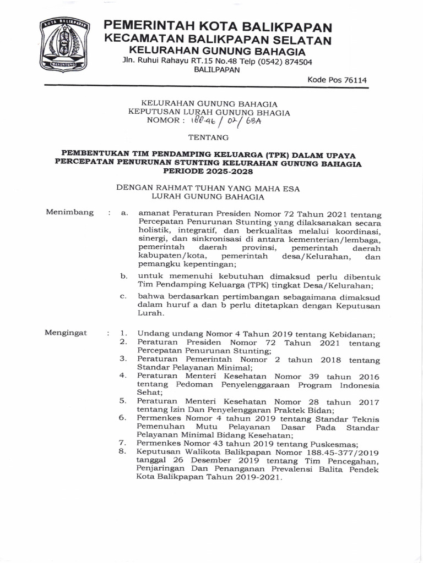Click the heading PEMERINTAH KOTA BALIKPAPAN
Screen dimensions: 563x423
[x=219, y=26]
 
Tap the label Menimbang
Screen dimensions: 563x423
[x=70, y=212]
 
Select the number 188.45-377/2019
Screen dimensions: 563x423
[x=345, y=452]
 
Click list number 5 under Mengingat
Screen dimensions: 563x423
[x=123, y=400]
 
